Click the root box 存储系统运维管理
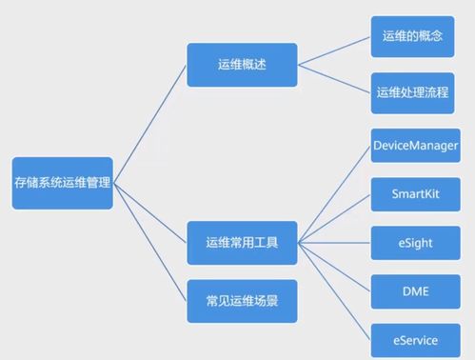click(x=62, y=183)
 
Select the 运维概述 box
click(x=242, y=64)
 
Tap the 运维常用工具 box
click(x=242, y=243)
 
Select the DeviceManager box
click(x=415, y=146)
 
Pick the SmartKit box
click(x=415, y=193)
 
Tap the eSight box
click(x=415, y=243)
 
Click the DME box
click(x=415, y=290)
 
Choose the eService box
click(x=415, y=337)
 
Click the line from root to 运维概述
click(x=149, y=124)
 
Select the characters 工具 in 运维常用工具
click(x=266, y=243)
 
